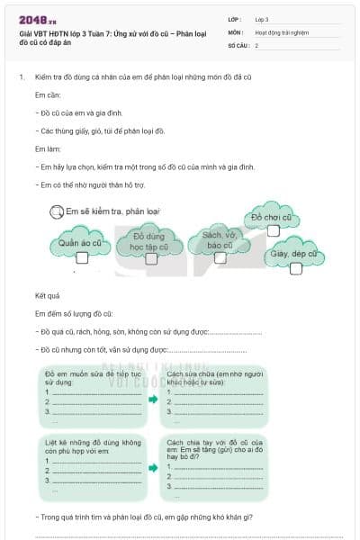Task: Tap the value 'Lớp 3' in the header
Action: [262, 18]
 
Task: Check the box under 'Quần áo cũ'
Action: [82, 257]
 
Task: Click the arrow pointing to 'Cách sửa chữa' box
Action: [153, 399]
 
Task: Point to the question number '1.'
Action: [22, 77]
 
